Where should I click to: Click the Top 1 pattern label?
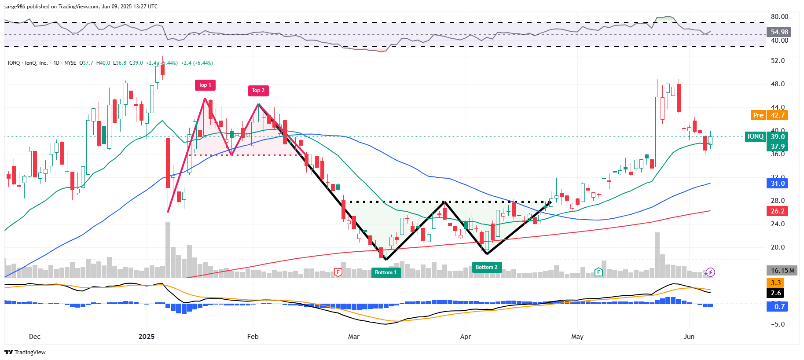205,85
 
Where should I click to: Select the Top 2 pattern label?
258,91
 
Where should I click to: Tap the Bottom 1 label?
385,272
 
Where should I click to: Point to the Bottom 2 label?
486,267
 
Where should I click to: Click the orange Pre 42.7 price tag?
768,115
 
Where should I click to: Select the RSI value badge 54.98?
779,32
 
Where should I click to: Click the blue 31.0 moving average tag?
777,184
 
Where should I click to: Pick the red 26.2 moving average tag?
777,211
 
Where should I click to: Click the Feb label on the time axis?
253,337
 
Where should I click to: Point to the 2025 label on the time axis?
147,337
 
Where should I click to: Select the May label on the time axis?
577,337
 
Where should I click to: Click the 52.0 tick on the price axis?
778,61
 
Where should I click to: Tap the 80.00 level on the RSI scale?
779,17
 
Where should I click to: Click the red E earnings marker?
338,272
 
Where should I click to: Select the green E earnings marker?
598,272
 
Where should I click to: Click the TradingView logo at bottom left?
25,352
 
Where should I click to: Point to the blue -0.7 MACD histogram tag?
777,307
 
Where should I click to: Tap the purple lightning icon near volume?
709,272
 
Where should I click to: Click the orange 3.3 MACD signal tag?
776,283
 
